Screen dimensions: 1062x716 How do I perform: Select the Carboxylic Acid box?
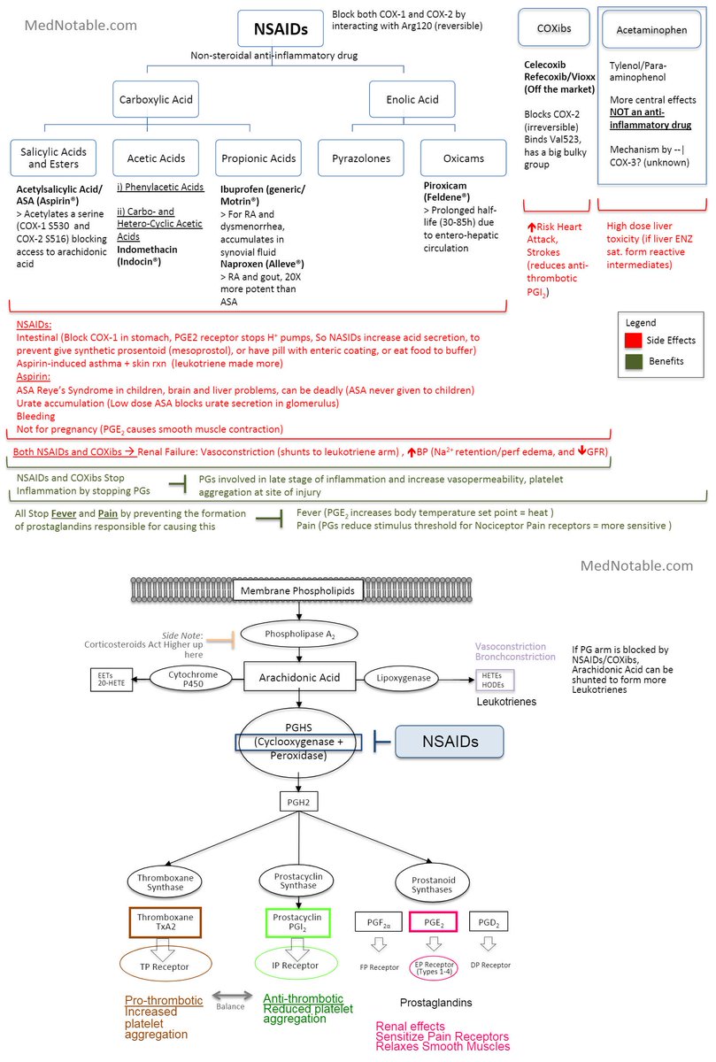click(x=156, y=100)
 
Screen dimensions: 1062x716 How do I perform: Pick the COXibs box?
click(x=554, y=28)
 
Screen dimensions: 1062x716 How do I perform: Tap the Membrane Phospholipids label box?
click(x=299, y=589)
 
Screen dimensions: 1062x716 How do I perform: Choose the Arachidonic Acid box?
click(x=298, y=677)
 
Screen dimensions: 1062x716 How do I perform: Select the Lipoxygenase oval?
click(x=401, y=677)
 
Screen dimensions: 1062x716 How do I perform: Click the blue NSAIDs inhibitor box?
click(x=448, y=743)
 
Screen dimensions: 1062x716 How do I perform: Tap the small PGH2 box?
click(x=298, y=802)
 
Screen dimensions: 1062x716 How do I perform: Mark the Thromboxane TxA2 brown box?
click(x=166, y=922)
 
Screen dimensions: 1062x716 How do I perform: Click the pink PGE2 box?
click(x=434, y=922)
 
